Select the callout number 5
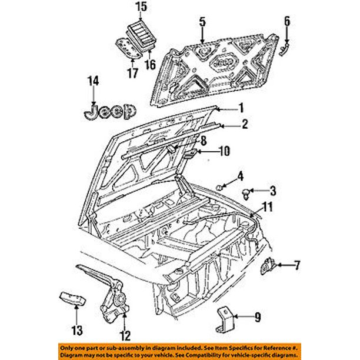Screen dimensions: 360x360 pyautogui.click(x=201, y=22)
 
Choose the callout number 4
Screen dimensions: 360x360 pyautogui.click(x=241, y=175)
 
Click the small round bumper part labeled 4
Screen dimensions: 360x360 pyautogui.click(x=220, y=186)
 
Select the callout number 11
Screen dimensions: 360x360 pyautogui.click(x=268, y=206)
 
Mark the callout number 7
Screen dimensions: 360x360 pyautogui.click(x=297, y=266)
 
